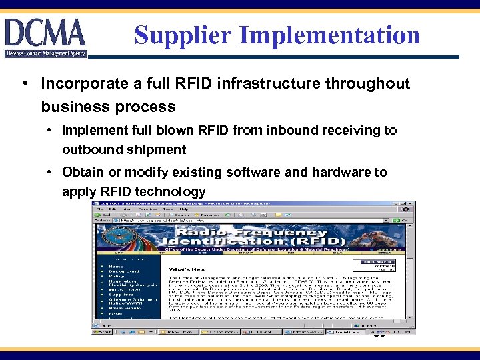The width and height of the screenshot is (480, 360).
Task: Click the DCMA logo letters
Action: coord(45,33)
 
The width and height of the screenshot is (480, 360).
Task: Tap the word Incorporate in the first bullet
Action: coord(83,83)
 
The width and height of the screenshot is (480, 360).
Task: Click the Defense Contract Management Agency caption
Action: coord(45,53)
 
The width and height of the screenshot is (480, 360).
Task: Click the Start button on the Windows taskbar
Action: coord(103,331)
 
